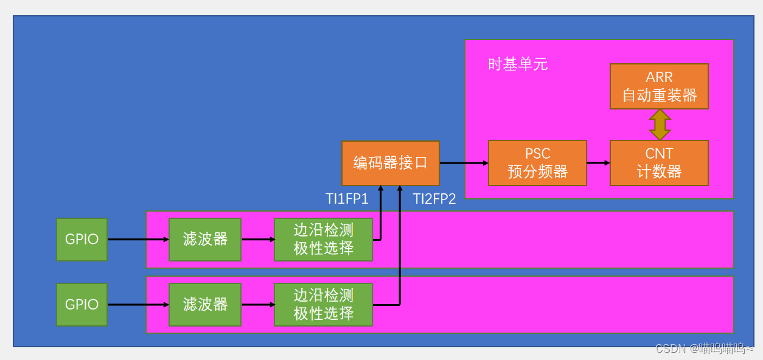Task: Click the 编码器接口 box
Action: click(x=390, y=163)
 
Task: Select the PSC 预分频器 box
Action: click(x=537, y=163)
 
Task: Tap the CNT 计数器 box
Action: click(x=659, y=163)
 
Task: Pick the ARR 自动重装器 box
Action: click(x=659, y=86)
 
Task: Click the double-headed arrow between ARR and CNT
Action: click(x=660, y=125)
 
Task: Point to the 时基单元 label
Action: click(x=518, y=64)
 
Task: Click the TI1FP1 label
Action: click(x=347, y=199)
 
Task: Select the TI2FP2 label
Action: click(x=434, y=199)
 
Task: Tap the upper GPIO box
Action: click(x=82, y=240)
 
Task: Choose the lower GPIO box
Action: click(x=82, y=305)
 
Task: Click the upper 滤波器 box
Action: click(x=205, y=240)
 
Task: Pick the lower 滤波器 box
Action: click(x=205, y=305)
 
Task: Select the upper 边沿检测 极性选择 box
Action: click(x=323, y=240)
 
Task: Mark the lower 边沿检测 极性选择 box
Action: click(x=323, y=305)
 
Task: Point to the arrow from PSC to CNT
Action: click(x=598, y=163)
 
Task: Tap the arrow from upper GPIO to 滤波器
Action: click(x=138, y=240)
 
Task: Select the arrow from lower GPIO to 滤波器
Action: click(x=138, y=305)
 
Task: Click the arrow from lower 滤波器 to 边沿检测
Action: click(x=258, y=305)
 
